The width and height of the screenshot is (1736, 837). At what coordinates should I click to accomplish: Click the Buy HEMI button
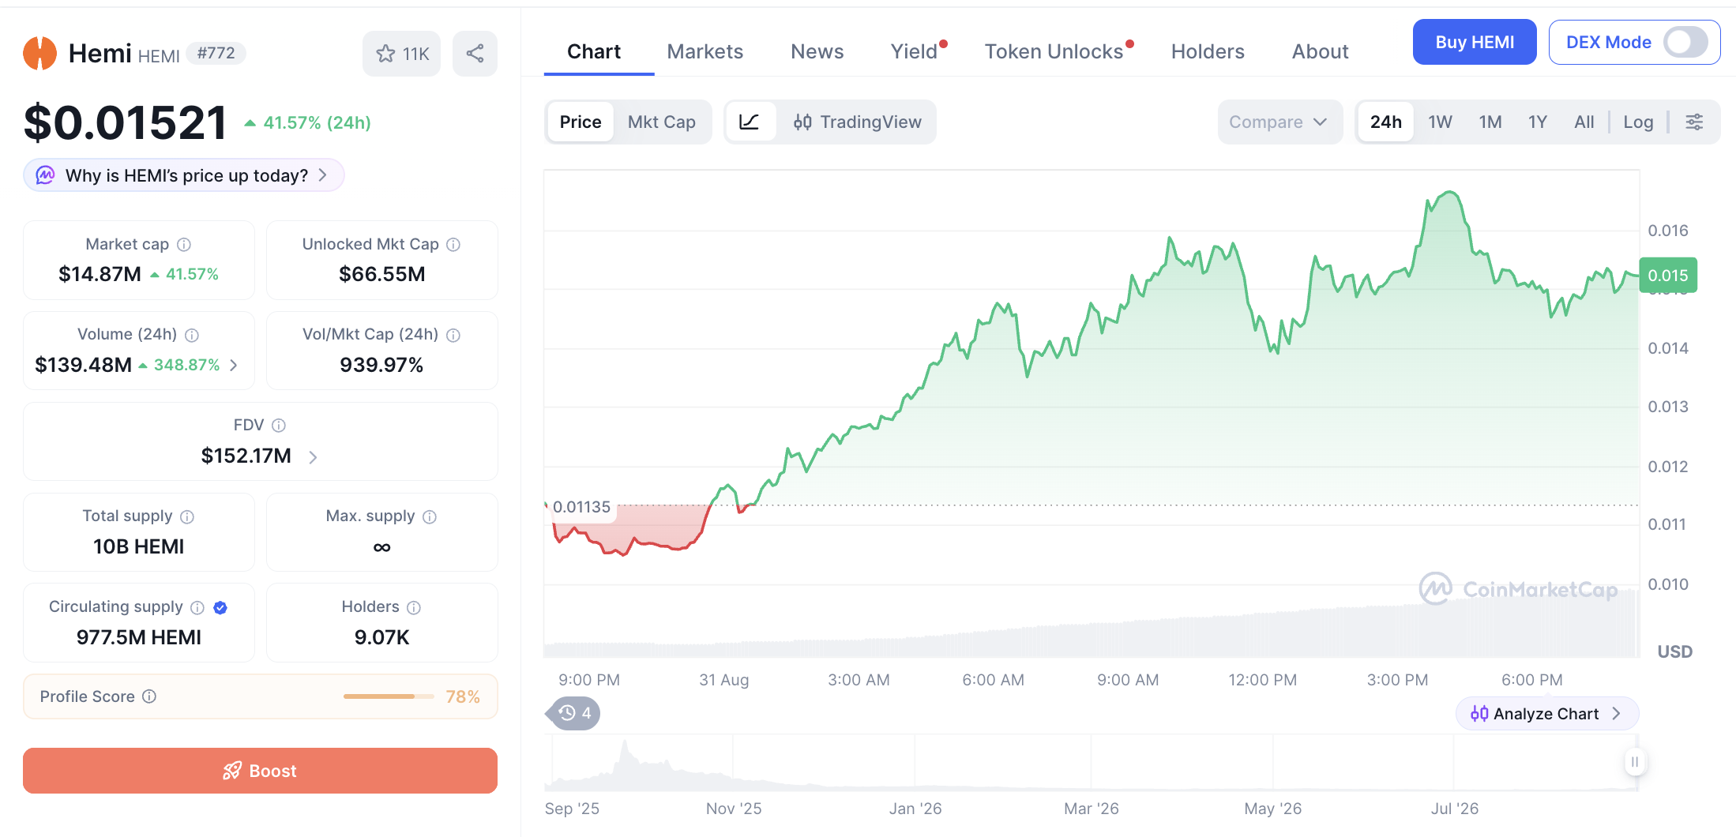pos(1475,42)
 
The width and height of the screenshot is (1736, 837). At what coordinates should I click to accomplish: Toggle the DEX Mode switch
pos(1685,42)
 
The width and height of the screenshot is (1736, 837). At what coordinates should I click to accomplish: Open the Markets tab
pos(705,51)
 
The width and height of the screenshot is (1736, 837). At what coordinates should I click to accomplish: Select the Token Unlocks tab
pos(1054,51)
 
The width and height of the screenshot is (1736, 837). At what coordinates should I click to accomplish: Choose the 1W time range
pos(1440,122)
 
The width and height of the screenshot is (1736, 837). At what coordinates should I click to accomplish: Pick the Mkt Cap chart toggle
pos(662,122)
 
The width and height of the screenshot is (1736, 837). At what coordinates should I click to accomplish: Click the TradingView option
pos(858,122)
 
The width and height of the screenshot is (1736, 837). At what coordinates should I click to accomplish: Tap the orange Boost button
pos(260,771)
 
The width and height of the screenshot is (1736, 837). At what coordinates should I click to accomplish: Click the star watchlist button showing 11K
pos(402,54)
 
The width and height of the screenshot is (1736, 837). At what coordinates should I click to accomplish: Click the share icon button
pos(475,54)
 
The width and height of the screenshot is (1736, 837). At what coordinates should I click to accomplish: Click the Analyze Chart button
pos(1546,714)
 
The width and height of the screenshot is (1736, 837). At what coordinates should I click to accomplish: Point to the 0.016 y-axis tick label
pos(1668,231)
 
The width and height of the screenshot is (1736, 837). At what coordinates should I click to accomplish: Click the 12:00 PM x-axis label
pos(1262,680)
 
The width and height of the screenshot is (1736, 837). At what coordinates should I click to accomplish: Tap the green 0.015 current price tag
pos(1668,276)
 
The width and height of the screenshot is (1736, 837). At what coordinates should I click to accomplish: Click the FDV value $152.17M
pos(246,456)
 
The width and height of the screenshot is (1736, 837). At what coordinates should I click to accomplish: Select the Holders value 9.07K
pos(381,637)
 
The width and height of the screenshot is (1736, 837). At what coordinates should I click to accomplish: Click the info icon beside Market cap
pos(184,245)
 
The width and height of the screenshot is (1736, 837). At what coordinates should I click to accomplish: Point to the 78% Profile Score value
pos(463,696)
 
